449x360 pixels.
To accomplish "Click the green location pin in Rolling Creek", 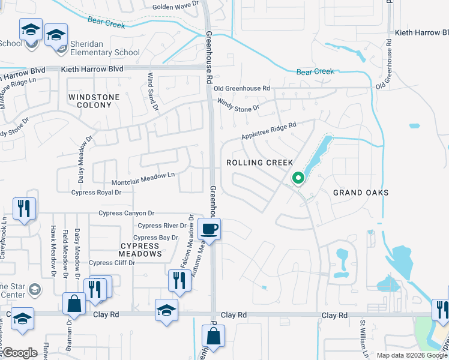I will tap(297, 178).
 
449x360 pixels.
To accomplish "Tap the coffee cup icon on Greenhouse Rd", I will tap(209, 229).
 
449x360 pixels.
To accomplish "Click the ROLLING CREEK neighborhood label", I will tap(259, 163).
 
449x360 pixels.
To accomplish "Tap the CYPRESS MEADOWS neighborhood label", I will tap(140, 250).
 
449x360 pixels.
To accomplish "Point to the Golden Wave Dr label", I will tap(175, 6).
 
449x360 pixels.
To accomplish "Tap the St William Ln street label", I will tap(363, 339).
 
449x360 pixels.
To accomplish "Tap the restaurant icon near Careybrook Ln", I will tap(24, 209).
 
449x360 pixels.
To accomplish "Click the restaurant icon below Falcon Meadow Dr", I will tap(179, 281).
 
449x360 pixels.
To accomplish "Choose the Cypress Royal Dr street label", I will tap(96, 193).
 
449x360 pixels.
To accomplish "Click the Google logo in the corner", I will tap(20, 353).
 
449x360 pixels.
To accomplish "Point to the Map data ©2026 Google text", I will tap(411, 355).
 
